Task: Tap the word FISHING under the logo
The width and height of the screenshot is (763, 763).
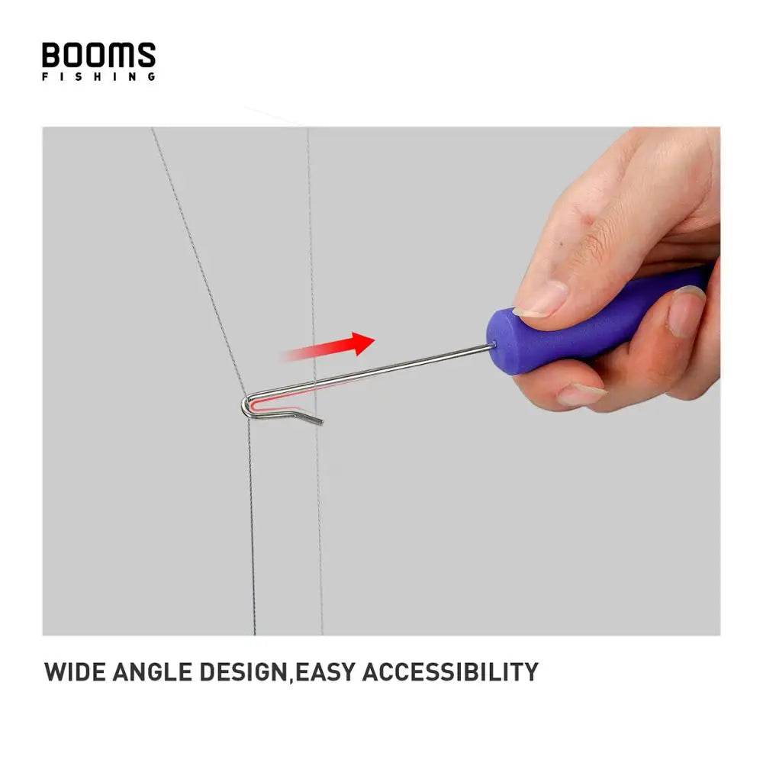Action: (x=98, y=76)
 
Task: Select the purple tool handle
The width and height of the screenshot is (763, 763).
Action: (x=595, y=320)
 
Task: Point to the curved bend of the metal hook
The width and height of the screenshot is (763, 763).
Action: (x=246, y=406)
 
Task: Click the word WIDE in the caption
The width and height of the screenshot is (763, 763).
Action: (x=76, y=672)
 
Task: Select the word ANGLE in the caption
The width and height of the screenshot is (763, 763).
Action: (x=152, y=672)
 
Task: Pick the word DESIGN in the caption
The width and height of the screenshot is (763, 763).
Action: (x=242, y=672)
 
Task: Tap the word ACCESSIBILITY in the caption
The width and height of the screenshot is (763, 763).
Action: (x=449, y=672)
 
